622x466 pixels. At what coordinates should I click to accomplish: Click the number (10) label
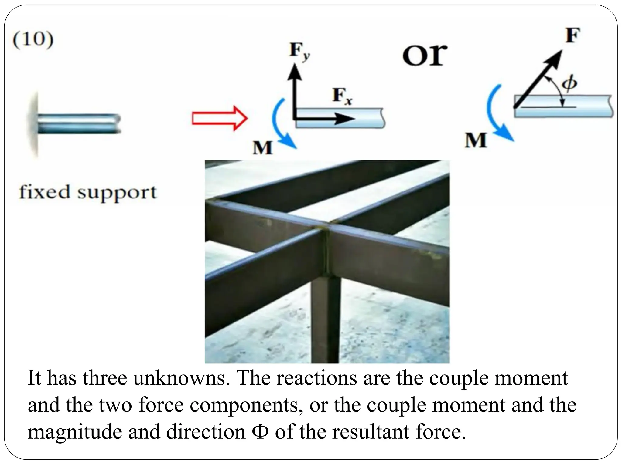[33, 40]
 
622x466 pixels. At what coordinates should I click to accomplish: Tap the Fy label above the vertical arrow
[299, 52]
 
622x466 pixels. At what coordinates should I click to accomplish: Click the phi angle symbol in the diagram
[569, 83]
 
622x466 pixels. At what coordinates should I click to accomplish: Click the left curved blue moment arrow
[279, 124]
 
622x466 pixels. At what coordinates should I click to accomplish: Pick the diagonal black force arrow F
[538, 79]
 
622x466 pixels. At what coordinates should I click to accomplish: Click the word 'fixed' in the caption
[44, 192]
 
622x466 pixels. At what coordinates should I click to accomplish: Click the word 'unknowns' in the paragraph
[181, 378]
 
